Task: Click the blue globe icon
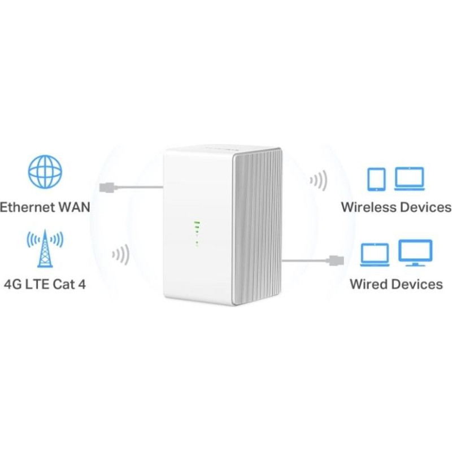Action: point(45,172)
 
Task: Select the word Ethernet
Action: point(29,207)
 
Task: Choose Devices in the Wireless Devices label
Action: point(425,207)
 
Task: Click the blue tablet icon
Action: point(376,179)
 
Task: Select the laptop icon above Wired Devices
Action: point(375,254)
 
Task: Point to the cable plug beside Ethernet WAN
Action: point(108,186)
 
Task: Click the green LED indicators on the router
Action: point(197,232)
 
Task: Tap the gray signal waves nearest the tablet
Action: point(318,181)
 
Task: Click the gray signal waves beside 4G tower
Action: point(120,254)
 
